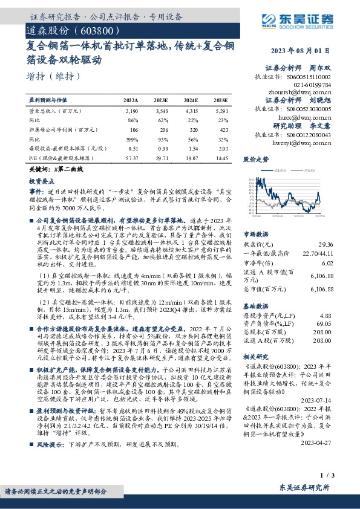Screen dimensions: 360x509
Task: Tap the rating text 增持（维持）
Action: point(53,77)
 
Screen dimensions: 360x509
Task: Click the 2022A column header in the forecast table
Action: point(131,100)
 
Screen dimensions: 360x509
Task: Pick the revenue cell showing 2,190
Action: point(131,111)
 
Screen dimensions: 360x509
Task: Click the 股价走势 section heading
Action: point(255,161)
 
